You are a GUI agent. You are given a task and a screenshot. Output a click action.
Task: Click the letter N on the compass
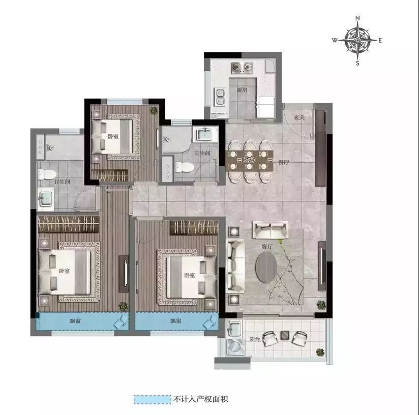coord(357,18)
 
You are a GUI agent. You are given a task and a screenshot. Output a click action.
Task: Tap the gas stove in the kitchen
coord(242,67)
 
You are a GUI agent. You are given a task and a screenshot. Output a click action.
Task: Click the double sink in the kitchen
coord(220,97)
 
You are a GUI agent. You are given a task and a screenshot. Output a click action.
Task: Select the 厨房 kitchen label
coord(242,90)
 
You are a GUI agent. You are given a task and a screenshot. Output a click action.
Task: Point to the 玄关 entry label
coord(300,117)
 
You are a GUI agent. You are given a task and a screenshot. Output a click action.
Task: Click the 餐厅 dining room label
coord(284,162)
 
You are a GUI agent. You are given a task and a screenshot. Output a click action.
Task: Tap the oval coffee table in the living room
coord(266,268)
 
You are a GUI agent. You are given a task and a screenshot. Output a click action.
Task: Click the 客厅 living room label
coord(267,246)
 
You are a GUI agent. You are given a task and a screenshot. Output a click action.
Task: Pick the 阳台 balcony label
coord(254,339)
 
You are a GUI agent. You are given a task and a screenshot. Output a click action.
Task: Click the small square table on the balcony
coord(285,335)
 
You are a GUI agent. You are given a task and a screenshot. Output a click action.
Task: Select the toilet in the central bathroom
coord(184,167)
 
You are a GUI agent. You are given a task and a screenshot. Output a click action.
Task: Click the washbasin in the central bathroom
coord(204,134)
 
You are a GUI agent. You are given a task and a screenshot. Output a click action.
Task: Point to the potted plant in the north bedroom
coord(154,111)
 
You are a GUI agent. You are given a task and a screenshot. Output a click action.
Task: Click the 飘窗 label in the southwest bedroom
coord(75,321)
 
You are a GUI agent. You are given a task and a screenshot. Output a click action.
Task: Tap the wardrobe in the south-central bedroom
coord(194,227)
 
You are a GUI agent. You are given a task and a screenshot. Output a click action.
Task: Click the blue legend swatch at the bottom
coord(153,400)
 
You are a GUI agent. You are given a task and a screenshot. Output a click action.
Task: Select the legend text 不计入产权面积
coord(201,400)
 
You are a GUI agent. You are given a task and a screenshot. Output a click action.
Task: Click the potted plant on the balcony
coord(320,352)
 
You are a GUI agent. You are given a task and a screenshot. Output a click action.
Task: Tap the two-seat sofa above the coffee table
coord(271,230)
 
